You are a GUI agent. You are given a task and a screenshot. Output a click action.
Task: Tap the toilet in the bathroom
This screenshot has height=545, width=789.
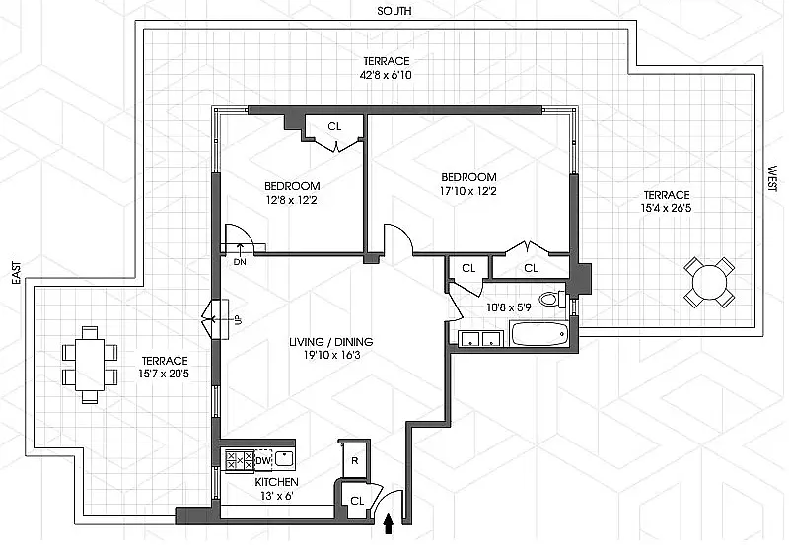(553, 300)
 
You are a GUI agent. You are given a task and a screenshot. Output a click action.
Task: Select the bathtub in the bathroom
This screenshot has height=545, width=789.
(539, 334)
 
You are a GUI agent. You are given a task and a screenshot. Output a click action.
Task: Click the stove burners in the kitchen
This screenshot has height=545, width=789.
(239, 460)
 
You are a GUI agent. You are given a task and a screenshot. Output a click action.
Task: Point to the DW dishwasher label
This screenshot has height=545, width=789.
(263, 460)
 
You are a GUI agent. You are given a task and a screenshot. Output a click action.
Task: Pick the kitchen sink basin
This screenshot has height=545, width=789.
(284, 459)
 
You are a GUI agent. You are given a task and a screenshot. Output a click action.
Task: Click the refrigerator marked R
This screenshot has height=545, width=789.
(355, 460)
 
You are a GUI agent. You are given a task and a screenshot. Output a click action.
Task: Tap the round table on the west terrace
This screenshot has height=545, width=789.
(709, 282)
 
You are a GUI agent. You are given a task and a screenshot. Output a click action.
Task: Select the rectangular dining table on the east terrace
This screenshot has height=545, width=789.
(90, 365)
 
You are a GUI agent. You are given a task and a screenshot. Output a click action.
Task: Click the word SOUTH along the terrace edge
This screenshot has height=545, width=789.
(394, 11)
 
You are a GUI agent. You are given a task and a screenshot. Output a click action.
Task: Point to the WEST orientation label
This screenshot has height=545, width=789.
(773, 178)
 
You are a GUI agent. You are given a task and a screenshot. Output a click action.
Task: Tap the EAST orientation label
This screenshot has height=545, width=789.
(17, 273)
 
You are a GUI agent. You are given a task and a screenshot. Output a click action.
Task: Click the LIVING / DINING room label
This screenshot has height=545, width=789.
(331, 342)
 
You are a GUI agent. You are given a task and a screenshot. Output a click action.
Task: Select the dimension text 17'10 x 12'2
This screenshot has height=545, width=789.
(469, 191)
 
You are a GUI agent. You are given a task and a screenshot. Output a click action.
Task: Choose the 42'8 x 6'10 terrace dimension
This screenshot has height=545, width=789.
(387, 76)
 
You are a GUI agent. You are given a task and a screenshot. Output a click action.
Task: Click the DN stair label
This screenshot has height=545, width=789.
(240, 261)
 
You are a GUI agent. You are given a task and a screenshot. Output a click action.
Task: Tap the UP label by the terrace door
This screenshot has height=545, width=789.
(237, 320)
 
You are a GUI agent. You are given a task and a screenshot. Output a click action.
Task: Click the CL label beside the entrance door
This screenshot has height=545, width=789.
(357, 501)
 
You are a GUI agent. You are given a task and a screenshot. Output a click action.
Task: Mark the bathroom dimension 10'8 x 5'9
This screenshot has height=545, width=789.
(508, 307)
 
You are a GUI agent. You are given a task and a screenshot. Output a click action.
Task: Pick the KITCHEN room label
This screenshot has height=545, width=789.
(276, 482)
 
